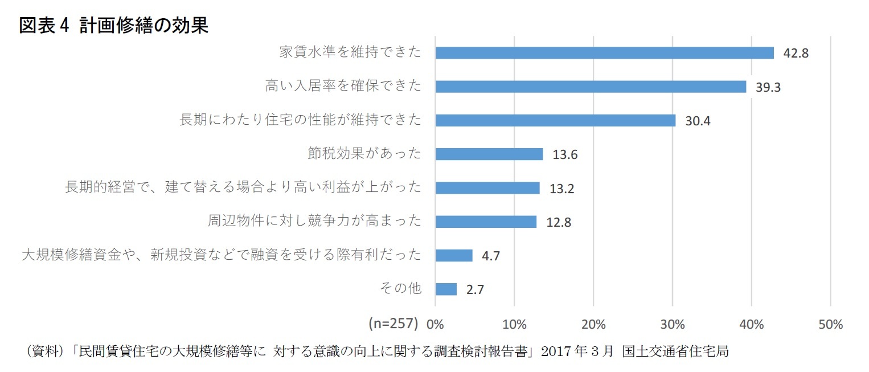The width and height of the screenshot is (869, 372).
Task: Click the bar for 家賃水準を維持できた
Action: pyautogui.click(x=604, y=53)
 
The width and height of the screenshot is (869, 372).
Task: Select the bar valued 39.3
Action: pyautogui.click(x=591, y=87)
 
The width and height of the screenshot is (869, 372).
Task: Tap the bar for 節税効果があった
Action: pyautogui.click(x=489, y=154)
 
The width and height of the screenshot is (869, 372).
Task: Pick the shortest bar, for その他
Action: pyautogui.click(x=446, y=289)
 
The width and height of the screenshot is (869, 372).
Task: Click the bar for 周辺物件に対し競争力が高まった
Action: pyautogui.click(x=486, y=222)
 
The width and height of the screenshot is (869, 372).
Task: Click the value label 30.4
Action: pyautogui.click(x=698, y=121)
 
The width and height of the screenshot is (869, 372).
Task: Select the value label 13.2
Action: pyautogui.click(x=561, y=189)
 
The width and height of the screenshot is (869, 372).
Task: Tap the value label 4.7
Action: pyautogui.click(x=491, y=256)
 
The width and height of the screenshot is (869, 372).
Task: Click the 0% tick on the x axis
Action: pyautogui.click(x=436, y=325)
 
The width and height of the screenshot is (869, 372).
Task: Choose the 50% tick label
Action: pyautogui.click(x=830, y=325)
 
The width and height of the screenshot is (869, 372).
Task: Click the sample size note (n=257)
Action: pyautogui.click(x=393, y=324)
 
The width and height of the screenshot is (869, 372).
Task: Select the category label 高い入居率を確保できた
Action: pyautogui.click(x=343, y=87)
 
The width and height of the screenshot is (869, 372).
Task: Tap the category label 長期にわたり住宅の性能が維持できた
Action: pyautogui.click(x=300, y=120)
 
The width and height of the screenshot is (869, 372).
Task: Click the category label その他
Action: pyautogui.click(x=400, y=288)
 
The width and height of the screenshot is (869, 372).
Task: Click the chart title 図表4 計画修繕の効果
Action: pyautogui.click(x=114, y=26)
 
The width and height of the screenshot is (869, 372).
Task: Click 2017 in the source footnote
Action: pyautogui.click(x=557, y=351)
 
